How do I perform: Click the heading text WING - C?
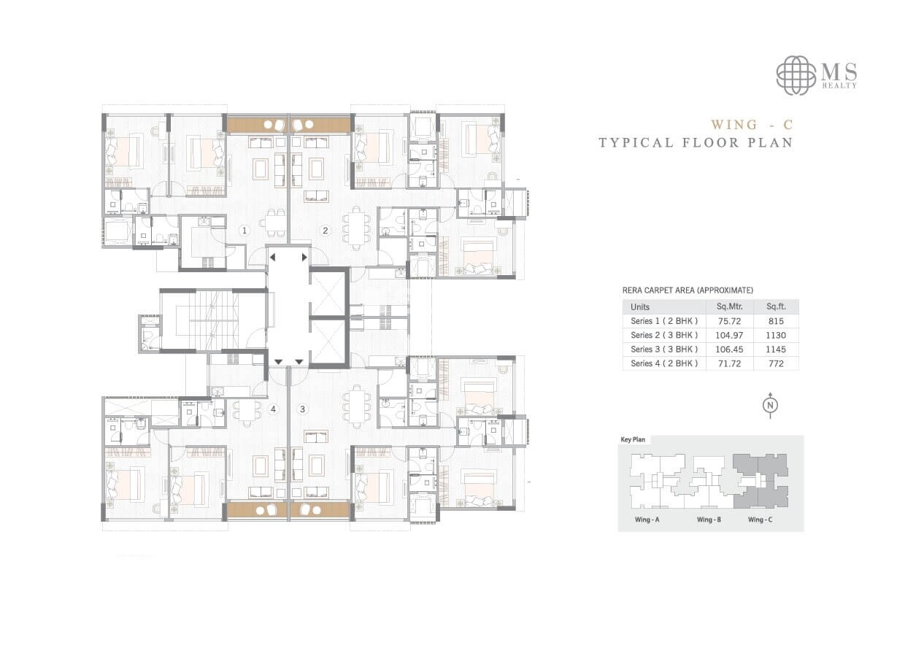[752, 124]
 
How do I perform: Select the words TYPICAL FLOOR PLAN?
[696, 142]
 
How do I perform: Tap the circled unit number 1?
[246, 231]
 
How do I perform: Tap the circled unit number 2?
[326, 231]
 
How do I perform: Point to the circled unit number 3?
[302, 409]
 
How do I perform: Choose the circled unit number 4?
[273, 409]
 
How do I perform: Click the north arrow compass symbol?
[769, 406]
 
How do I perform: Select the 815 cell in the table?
[776, 321]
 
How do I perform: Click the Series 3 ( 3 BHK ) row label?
[664, 349]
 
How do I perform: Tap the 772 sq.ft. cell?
[776, 363]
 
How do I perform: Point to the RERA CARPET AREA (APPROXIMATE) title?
[687, 290]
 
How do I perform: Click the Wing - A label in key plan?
[647, 520]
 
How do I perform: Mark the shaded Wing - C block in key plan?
[760, 482]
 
